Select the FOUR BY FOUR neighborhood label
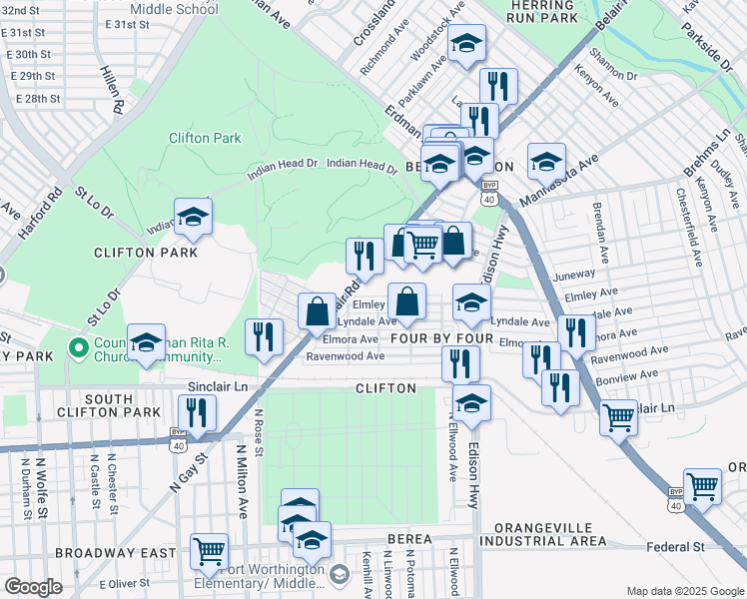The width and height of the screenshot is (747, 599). pyautogui.click(x=442, y=339)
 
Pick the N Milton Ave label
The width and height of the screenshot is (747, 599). pyautogui.click(x=241, y=480)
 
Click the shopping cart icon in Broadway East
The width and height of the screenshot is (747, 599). pyautogui.click(x=209, y=550)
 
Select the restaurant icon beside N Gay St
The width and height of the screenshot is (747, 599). pyautogui.click(x=197, y=412)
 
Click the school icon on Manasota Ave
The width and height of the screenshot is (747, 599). pyautogui.click(x=546, y=161)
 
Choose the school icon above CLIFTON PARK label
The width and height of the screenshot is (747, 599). pyautogui.click(x=193, y=216)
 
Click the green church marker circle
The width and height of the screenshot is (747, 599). pyautogui.click(x=78, y=348)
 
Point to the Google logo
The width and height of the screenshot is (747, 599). pyautogui.click(x=33, y=587)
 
